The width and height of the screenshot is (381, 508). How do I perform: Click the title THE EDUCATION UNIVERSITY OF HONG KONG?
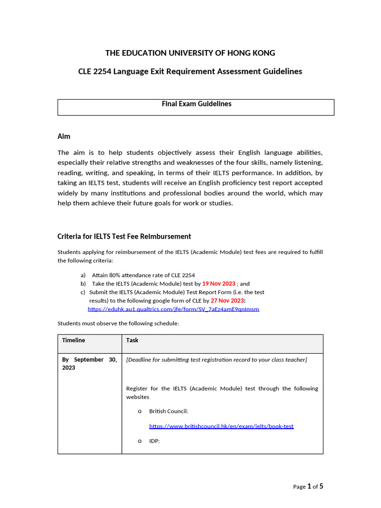pos(190,53)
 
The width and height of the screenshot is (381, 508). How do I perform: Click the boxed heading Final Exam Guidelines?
pos(196,104)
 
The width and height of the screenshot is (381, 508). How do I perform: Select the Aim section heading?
pos(64,136)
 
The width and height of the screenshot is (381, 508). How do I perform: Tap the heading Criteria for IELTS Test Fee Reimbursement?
pos(124,237)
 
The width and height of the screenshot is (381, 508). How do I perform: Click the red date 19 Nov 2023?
pos(219,284)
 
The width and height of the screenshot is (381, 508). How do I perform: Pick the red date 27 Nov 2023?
pos(227,301)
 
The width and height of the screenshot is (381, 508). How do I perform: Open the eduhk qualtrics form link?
pos(173,309)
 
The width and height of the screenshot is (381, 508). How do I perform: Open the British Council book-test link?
pos(221,426)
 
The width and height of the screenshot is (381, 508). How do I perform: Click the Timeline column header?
pos(73,340)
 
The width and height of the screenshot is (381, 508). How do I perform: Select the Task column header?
pos(132,340)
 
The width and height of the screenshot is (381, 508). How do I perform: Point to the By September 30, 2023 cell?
pos(89,364)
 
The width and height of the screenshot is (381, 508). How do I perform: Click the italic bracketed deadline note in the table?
pos(216,360)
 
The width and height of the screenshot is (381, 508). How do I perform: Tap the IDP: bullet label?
pos(154,441)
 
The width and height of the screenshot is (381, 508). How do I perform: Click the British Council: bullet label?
pos(168,411)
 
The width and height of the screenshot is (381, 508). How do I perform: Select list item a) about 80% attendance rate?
pos(143,275)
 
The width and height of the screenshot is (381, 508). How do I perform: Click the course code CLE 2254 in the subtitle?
pos(95,71)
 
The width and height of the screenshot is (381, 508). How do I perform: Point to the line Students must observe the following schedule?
pos(118,323)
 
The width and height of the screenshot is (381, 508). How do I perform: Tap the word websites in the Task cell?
pos(137,397)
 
